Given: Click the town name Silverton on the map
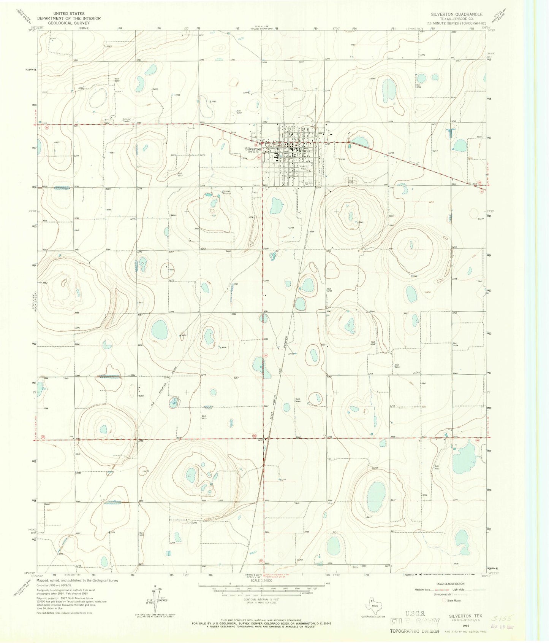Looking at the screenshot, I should [252, 149].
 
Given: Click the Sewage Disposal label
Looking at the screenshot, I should [228, 192].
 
